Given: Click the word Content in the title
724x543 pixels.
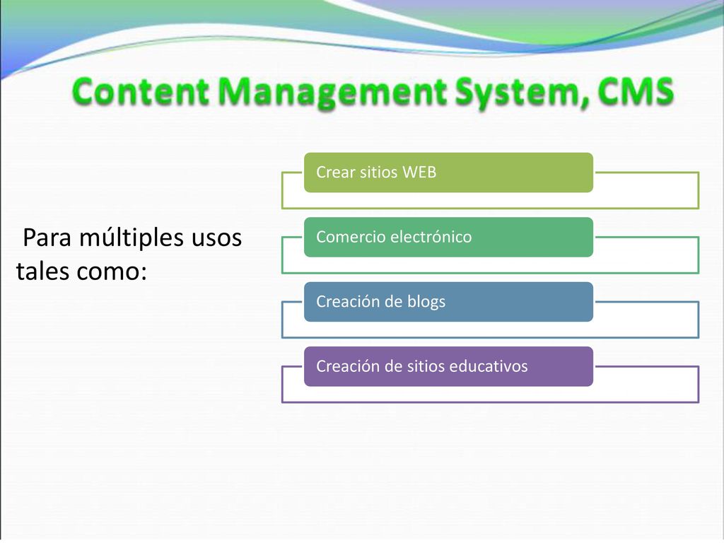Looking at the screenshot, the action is [x=141, y=91].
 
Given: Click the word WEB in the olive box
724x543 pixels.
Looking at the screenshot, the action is [x=419, y=173].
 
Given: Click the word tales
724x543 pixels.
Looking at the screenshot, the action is [x=43, y=271].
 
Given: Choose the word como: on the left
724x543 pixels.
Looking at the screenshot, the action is [x=112, y=272].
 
